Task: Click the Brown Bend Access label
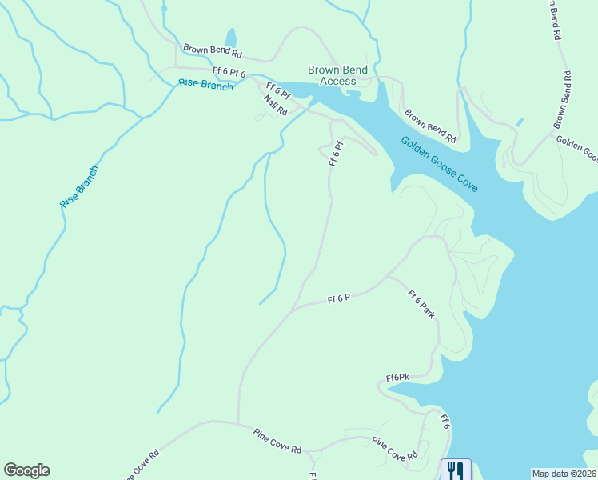(x=338, y=75)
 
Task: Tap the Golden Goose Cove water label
(x=440, y=164)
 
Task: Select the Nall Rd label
(x=275, y=106)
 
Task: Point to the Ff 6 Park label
(x=421, y=304)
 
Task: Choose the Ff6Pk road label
(x=397, y=377)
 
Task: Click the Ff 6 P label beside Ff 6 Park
(x=339, y=298)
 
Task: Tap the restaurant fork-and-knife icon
(x=456, y=469)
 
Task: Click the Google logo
(x=26, y=470)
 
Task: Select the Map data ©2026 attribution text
(x=564, y=473)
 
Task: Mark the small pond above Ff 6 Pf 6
(x=231, y=38)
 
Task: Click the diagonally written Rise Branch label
(x=78, y=187)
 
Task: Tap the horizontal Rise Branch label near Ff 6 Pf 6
(x=205, y=84)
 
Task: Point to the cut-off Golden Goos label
(x=576, y=147)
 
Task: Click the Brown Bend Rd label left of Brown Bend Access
(x=212, y=50)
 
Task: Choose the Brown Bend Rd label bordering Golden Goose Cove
(x=429, y=126)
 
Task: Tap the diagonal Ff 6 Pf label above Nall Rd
(x=278, y=91)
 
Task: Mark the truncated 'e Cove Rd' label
(x=141, y=465)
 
